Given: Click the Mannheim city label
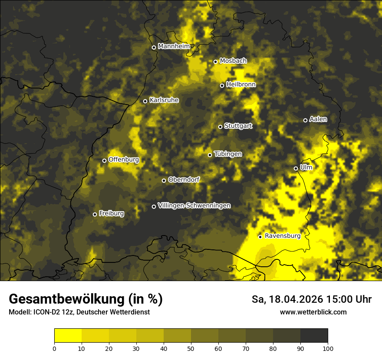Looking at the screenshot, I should click(174, 46).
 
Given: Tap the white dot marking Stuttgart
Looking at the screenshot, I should click(220, 127).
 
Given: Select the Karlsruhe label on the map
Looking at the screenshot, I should click(164, 100).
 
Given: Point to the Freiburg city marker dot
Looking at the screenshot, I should click(95, 214).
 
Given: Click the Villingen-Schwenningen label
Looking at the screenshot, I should click(194, 206).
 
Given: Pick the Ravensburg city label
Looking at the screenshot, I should click(282, 236).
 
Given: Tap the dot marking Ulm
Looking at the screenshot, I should click(296, 168).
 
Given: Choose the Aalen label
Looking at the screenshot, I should click(318, 119).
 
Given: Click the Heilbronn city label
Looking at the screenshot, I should click(241, 85).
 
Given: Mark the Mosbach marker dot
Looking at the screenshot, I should click(215, 62).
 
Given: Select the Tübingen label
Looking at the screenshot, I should click(228, 154).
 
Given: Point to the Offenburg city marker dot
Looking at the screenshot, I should click(104, 160).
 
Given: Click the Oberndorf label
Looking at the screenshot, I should click(184, 180).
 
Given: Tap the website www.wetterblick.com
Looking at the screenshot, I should click(313, 312).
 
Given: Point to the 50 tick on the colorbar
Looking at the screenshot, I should click(191, 348).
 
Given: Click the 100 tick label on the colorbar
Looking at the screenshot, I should click(328, 348).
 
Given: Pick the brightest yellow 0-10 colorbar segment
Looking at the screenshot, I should click(68, 335).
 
